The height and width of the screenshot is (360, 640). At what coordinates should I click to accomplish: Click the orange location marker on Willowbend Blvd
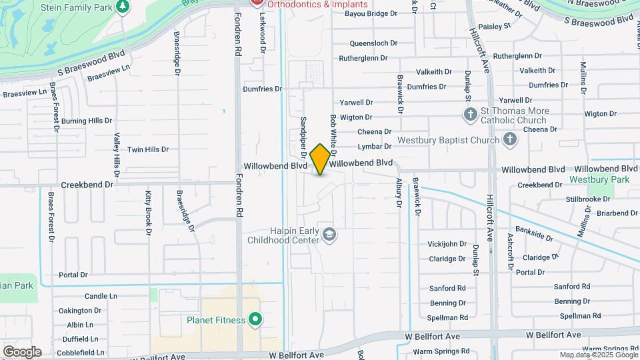(x=320, y=159)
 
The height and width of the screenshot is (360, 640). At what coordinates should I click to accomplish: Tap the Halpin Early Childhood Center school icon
(x=329, y=235)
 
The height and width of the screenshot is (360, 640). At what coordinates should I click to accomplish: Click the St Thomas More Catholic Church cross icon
(x=470, y=115)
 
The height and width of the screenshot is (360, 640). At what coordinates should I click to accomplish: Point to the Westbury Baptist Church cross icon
(x=510, y=140)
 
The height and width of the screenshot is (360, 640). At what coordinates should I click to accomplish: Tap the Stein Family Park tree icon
(x=122, y=7)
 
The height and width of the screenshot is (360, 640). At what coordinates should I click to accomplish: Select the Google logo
(x=21, y=351)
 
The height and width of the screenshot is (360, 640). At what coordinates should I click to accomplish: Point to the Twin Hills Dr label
(x=147, y=150)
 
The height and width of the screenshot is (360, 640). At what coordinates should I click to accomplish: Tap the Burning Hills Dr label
(x=86, y=121)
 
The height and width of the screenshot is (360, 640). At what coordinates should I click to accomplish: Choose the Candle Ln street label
(x=101, y=295)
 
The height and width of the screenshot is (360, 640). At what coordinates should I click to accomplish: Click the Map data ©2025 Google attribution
(x=598, y=355)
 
